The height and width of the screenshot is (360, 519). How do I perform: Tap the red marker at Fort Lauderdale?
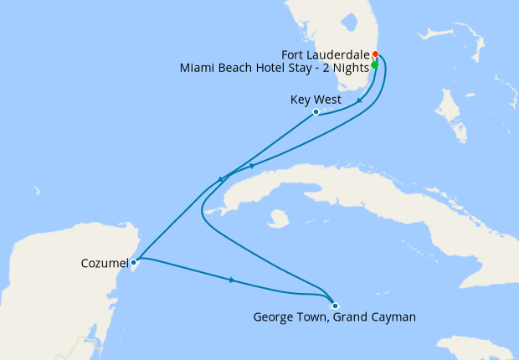pos(375,55)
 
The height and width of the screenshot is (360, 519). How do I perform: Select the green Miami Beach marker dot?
pos(374,65)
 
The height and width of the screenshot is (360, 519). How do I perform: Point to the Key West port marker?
pos(316,111)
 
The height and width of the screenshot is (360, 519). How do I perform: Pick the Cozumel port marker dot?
pos(134,262)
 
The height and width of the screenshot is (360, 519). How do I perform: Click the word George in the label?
pos(274,317)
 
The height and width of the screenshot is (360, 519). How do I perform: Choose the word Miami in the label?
pos(197,68)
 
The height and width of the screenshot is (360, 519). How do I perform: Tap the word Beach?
pos(233,68)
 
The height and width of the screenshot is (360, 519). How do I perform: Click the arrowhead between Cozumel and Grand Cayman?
pos(231,280)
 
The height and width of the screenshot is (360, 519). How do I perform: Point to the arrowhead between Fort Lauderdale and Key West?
pos(360,100)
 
